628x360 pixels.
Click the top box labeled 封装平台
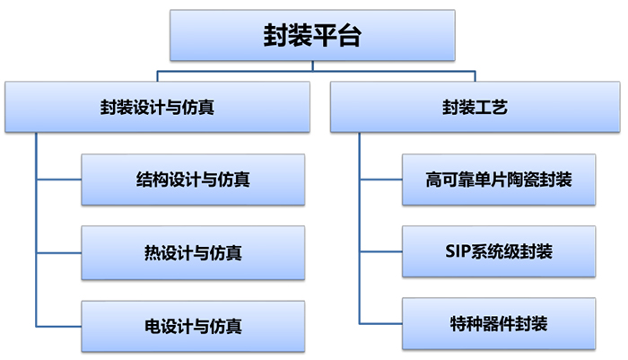tap(313, 36)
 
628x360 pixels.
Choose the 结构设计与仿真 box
tap(193, 180)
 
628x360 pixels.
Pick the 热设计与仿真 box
tap(193, 252)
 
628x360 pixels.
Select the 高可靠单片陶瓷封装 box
tap(499, 180)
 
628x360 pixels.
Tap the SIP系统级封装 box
tap(499, 251)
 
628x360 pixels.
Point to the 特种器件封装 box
tap(499, 324)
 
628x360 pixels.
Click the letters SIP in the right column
tap(458, 251)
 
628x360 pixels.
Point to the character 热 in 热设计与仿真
tap(153, 252)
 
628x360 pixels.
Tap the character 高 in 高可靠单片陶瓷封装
tap(434, 180)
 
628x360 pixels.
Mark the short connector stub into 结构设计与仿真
tap(58, 180)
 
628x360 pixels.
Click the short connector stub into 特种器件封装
tap(380, 324)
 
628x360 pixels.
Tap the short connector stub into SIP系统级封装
tap(380, 251)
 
